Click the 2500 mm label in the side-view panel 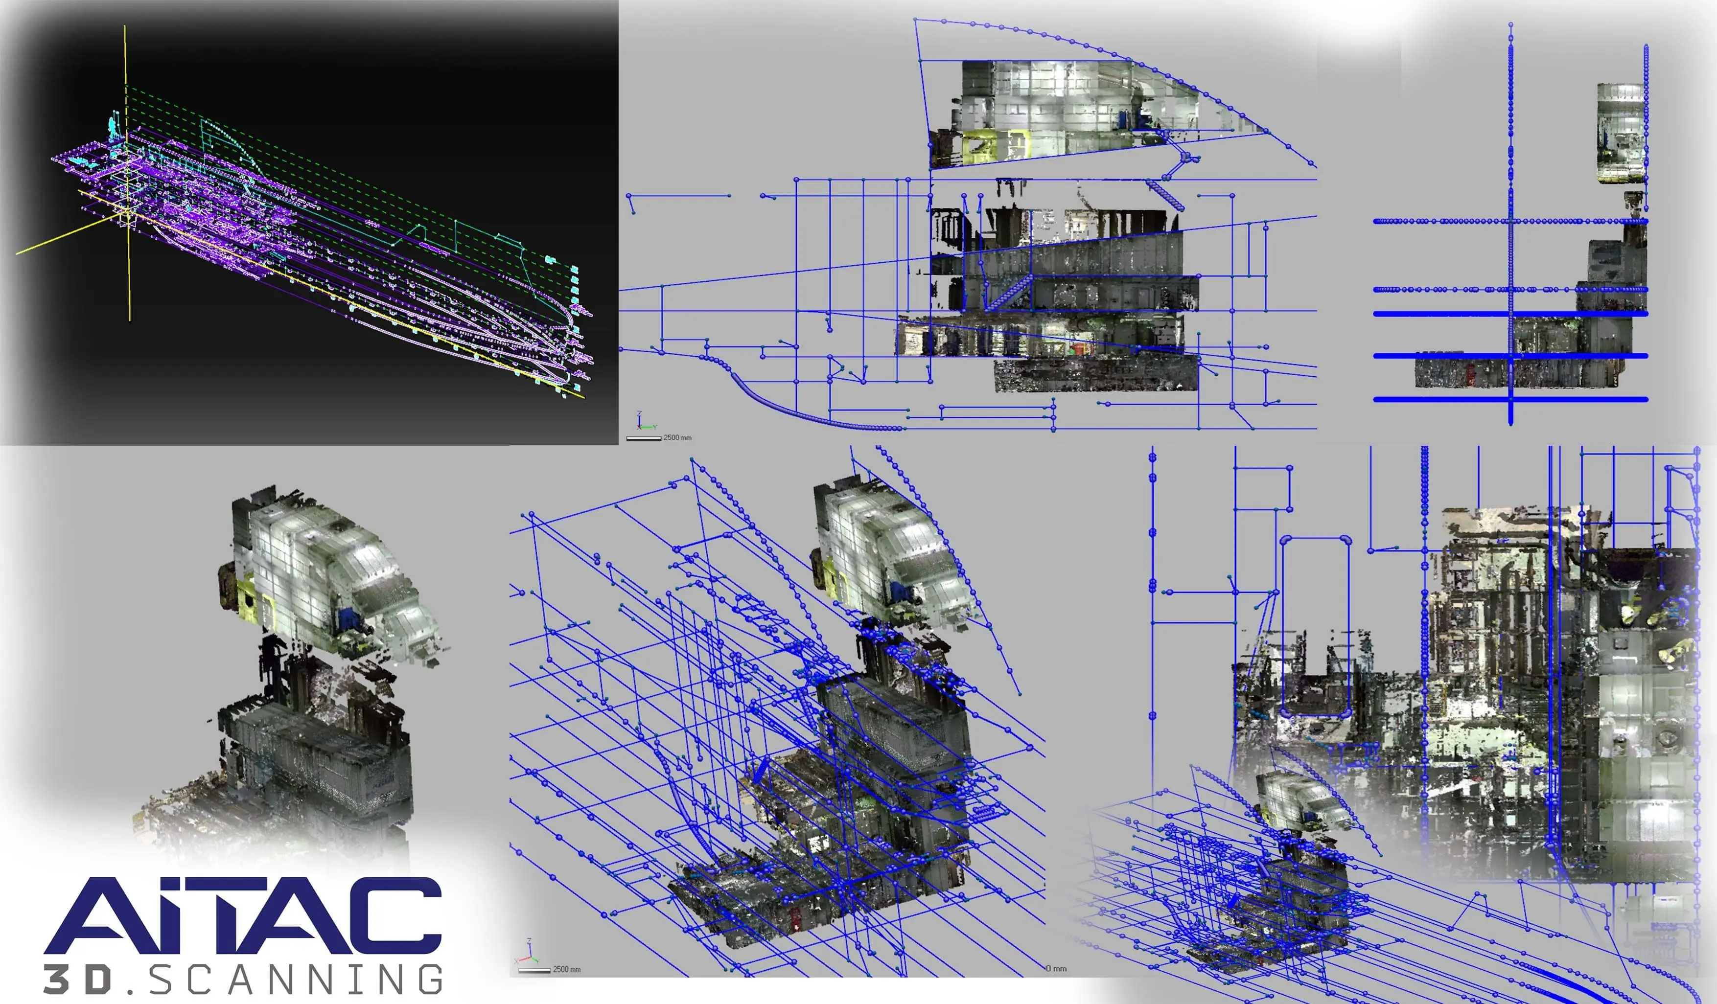pyautogui.click(x=677, y=437)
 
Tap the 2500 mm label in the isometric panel pyautogui.click(x=566, y=969)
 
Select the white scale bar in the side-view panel pyautogui.click(x=643, y=438)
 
